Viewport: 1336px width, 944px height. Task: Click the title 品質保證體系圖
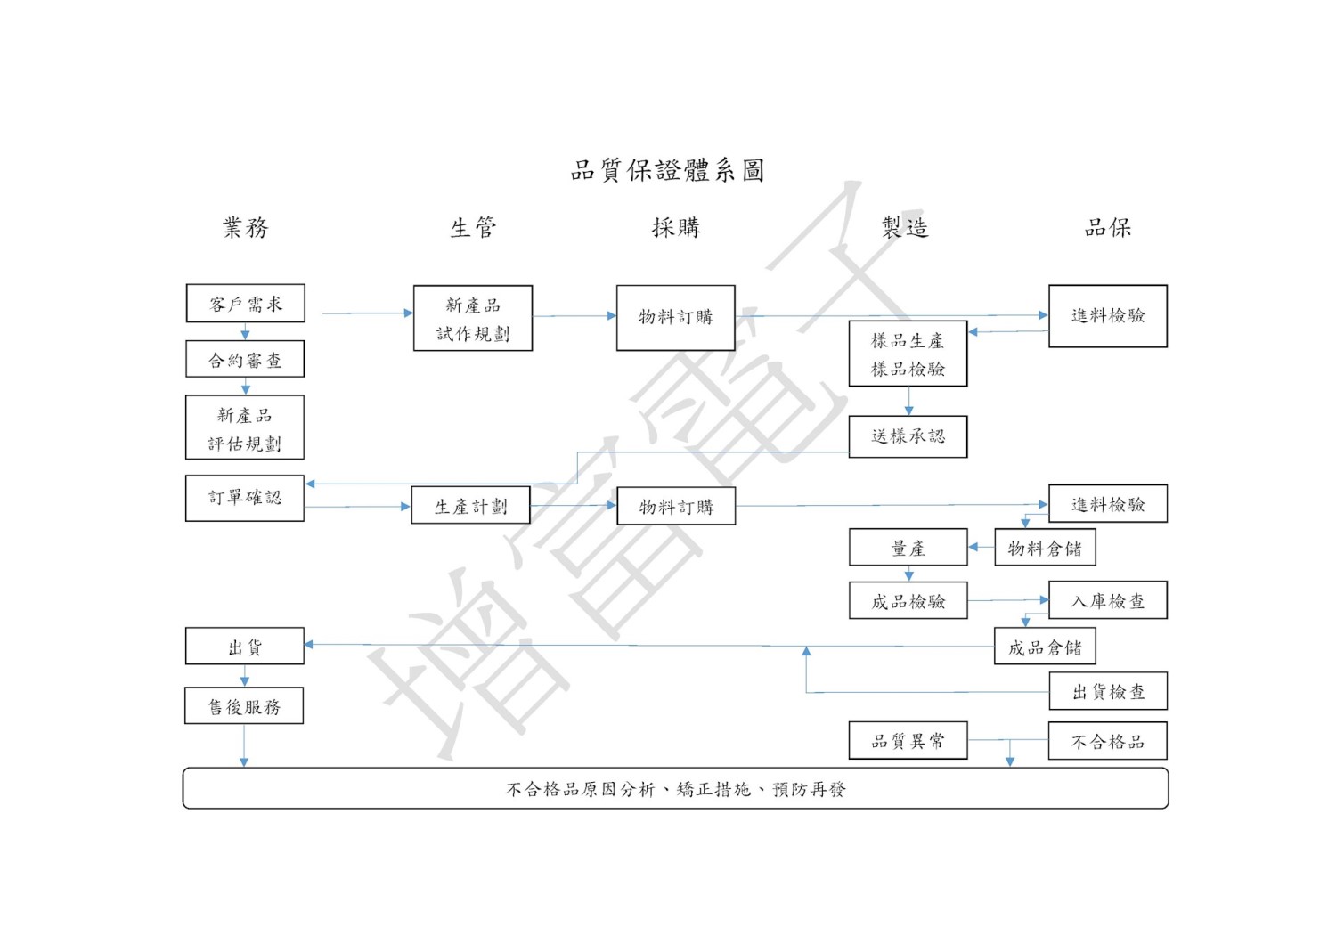tap(668, 170)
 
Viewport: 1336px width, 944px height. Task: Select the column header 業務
tap(245, 228)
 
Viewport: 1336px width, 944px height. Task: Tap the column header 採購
tap(676, 228)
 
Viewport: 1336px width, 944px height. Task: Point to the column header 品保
tap(1107, 228)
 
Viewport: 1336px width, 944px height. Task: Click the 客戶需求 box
tap(245, 304)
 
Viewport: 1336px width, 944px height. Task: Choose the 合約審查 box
tap(245, 360)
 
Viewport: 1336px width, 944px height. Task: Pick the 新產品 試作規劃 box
tap(473, 318)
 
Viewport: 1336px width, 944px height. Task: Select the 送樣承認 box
tap(908, 436)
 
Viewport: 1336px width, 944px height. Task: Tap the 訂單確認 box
tap(245, 498)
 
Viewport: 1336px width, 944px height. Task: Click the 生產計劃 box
tap(470, 506)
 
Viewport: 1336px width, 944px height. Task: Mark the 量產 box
tap(908, 548)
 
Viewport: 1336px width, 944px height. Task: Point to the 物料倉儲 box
tap(1044, 549)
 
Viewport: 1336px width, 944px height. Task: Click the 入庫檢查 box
tap(1107, 601)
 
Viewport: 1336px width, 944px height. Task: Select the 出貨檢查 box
tap(1107, 692)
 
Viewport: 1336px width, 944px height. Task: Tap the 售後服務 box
tap(244, 706)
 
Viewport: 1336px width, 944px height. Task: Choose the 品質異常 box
tap(908, 741)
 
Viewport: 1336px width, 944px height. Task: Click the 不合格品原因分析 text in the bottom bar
tap(580, 789)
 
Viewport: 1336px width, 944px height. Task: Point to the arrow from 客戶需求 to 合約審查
tap(245, 331)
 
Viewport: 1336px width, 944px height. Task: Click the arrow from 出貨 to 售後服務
tap(245, 676)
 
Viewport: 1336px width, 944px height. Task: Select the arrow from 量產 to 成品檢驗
tap(908, 574)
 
